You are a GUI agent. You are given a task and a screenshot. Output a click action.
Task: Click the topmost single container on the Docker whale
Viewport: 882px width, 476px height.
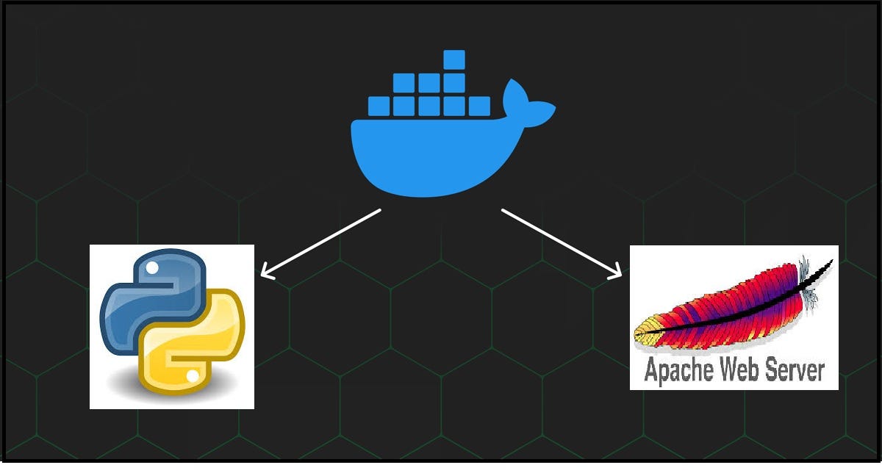click(x=454, y=59)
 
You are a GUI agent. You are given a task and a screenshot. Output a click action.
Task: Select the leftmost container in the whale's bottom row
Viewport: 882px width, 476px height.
click(x=378, y=107)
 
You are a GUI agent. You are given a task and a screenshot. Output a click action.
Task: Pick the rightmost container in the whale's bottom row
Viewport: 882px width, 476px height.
click(x=479, y=107)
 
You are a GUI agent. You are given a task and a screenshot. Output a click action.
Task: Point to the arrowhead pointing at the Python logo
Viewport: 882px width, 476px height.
click(x=265, y=275)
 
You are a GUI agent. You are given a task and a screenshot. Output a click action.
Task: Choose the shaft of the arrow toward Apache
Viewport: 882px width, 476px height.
click(x=559, y=241)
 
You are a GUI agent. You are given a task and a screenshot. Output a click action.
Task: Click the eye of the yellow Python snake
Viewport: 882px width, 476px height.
click(x=193, y=375)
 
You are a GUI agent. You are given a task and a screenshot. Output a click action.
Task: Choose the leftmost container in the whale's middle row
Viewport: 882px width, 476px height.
click(x=404, y=83)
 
